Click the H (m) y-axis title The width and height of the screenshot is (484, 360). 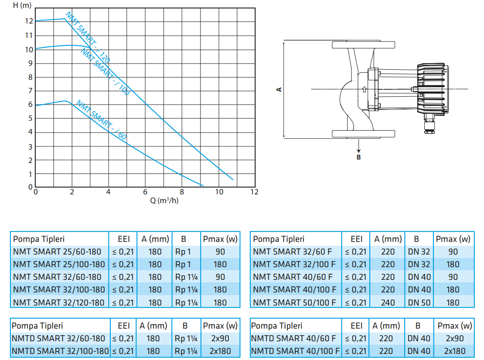pos(22,5)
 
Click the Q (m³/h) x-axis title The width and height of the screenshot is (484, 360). pos(164,200)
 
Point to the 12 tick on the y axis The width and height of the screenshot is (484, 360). pos(29,21)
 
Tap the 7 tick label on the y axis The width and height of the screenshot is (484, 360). pos(30,91)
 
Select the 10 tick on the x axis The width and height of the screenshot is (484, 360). pos(219,192)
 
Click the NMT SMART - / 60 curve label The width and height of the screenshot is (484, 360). pos(101,120)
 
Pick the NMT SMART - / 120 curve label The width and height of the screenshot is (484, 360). pos(88,37)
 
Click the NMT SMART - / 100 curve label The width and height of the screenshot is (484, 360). pos(105,72)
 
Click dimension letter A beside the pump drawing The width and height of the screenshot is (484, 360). pos(279,89)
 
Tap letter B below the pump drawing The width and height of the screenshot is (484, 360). pos(358,157)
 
